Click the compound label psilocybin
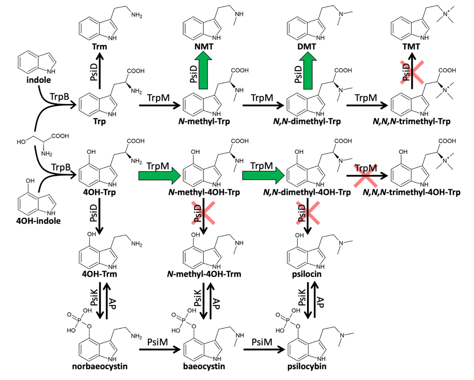tap(307, 367)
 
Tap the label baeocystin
tap(204, 367)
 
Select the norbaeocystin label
tap(100, 367)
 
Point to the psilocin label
tap(307, 274)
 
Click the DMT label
tap(307, 47)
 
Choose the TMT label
tap(411, 47)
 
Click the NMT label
tap(204, 47)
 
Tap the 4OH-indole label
tap(38, 221)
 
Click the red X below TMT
tap(412, 72)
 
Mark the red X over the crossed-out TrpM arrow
tap(365, 176)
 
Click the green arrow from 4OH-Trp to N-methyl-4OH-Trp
tap(159, 176)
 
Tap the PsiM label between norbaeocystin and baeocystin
tap(157, 342)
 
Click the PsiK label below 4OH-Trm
tap(94, 298)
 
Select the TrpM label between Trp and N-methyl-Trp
tap(158, 98)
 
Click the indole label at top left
tap(39, 80)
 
